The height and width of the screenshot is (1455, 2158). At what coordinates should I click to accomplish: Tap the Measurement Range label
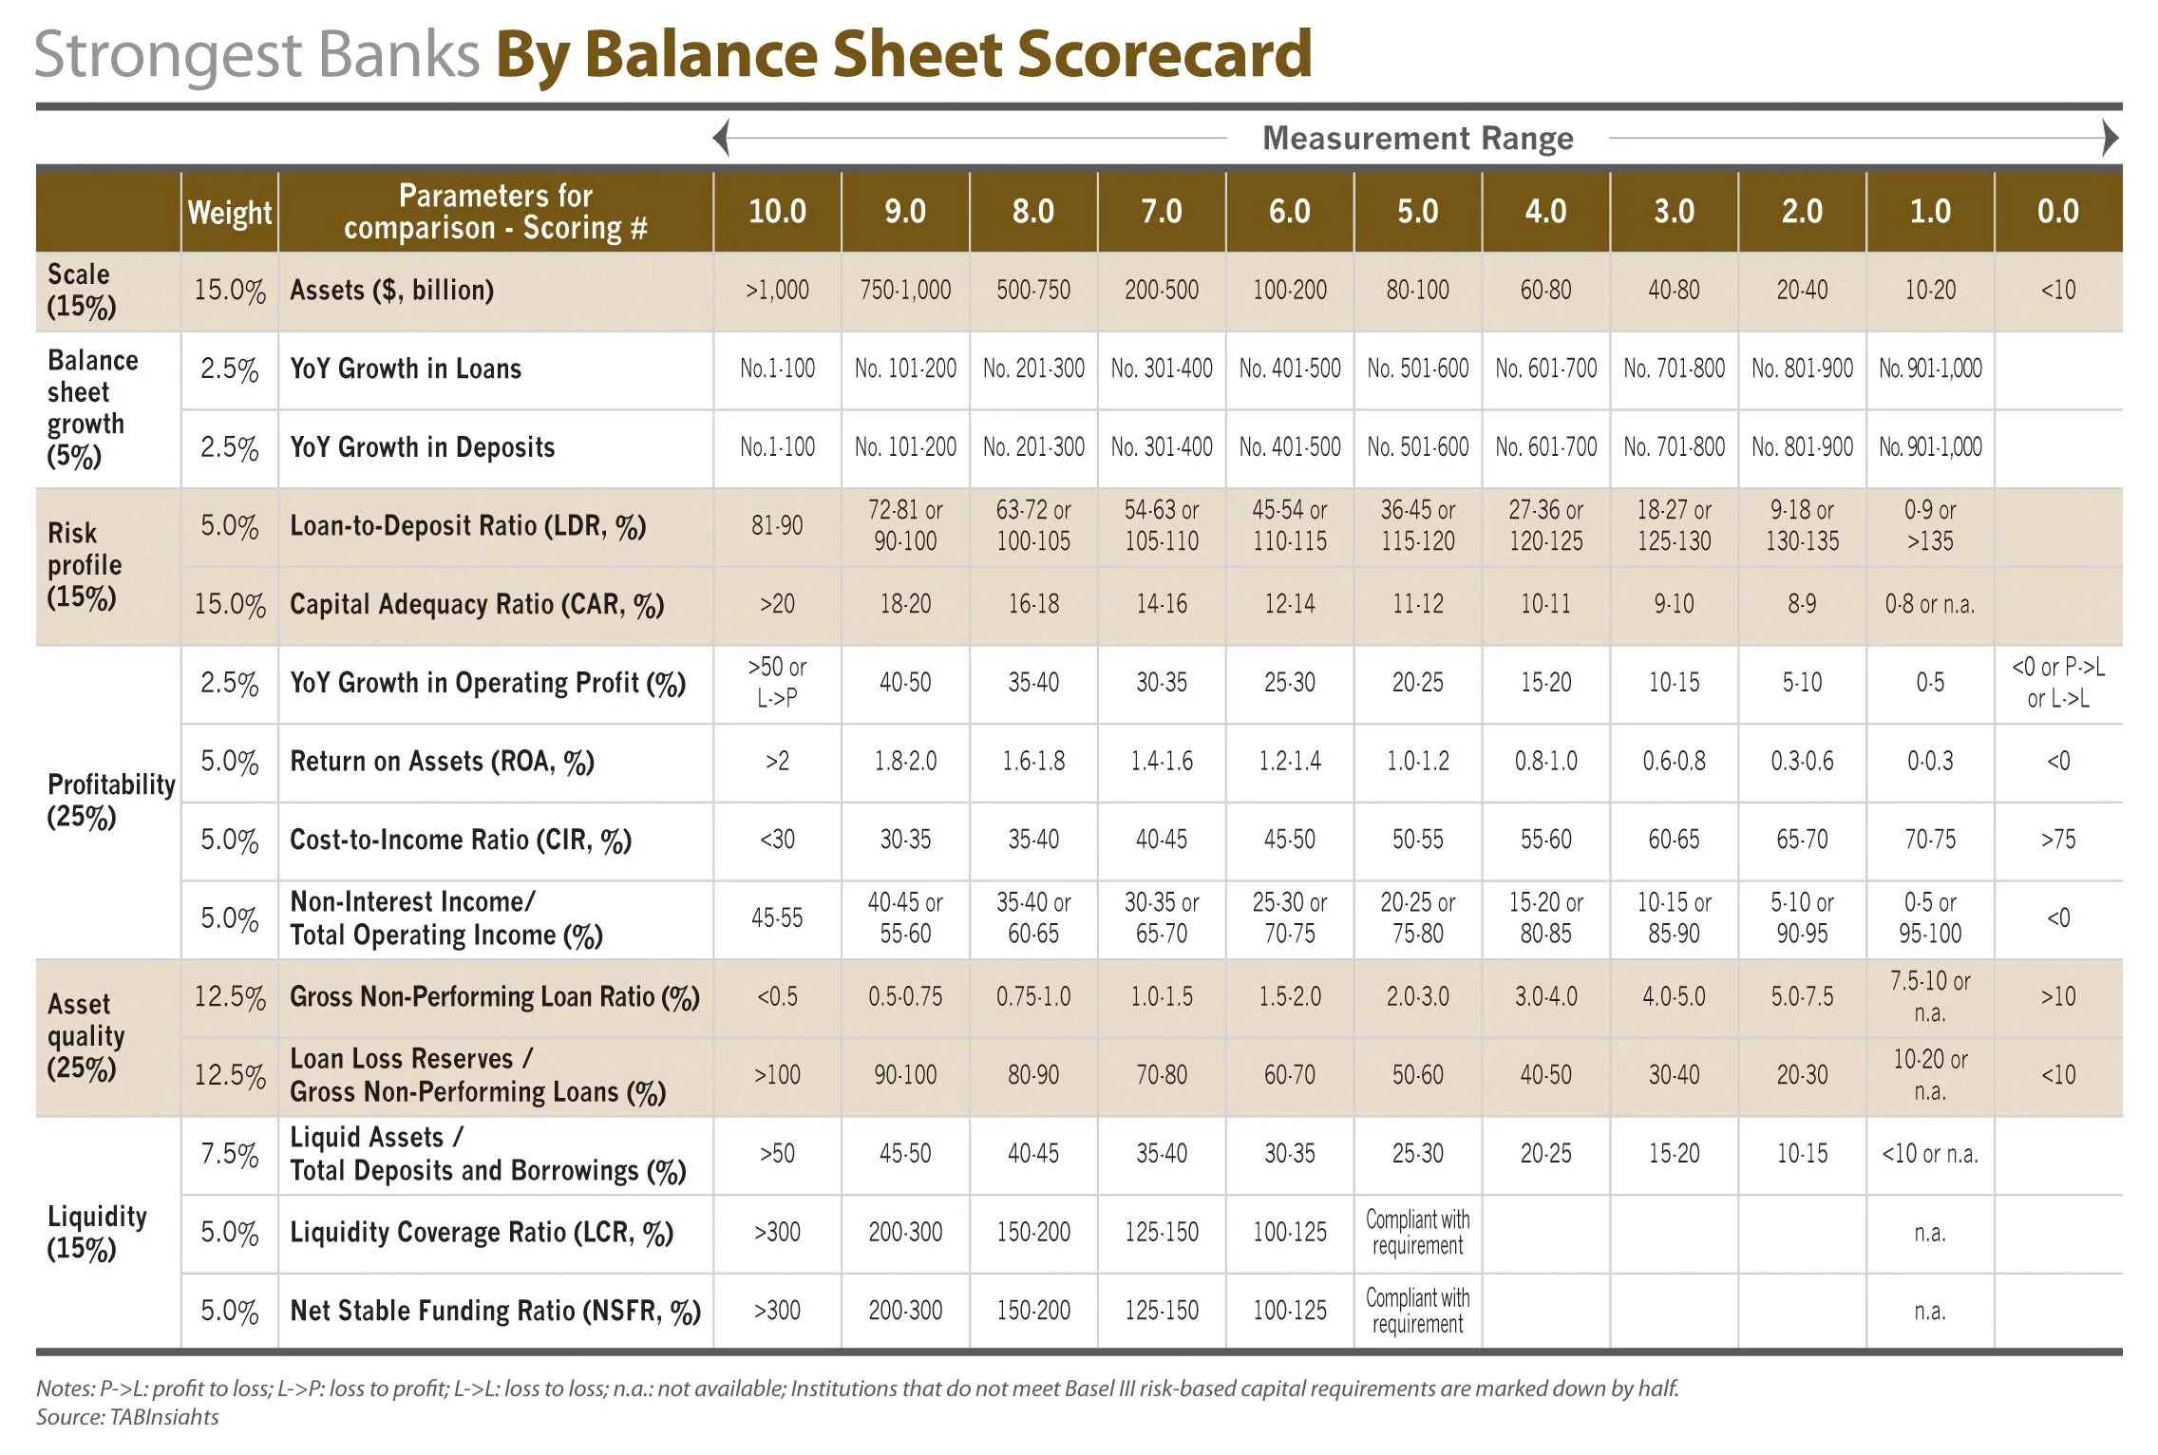tap(1417, 139)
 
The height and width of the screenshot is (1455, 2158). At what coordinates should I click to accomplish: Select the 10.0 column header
tap(777, 211)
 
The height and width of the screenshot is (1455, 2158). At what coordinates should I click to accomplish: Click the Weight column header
tap(230, 212)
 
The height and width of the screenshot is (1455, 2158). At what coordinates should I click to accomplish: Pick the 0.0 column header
tap(2057, 211)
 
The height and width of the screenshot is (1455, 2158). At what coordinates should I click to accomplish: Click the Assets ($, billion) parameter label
tap(391, 290)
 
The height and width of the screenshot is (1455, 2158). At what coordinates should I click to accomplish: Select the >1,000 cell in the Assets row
tap(777, 290)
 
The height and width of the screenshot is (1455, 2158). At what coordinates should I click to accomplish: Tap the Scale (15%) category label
tap(82, 290)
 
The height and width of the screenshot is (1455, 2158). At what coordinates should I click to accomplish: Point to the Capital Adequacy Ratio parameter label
tap(476, 604)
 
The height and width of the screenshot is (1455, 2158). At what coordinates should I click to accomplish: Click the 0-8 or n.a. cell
tap(1929, 604)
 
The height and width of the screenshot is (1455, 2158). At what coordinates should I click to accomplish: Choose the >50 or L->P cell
tap(777, 682)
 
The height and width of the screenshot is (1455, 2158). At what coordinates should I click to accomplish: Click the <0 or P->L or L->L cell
tap(2057, 682)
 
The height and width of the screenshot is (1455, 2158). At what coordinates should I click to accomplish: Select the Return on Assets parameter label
tap(442, 761)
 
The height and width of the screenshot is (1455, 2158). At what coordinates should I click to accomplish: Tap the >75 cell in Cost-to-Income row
tap(2057, 840)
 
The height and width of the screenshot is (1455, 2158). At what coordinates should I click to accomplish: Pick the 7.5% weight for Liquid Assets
tap(230, 1154)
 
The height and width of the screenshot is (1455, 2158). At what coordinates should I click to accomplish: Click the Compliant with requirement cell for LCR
tap(1417, 1232)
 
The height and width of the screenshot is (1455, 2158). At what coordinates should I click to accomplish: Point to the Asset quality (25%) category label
tap(85, 1036)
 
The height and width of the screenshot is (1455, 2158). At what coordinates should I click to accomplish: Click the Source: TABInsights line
tap(127, 1417)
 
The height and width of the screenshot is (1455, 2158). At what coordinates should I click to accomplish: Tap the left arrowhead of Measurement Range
tap(722, 139)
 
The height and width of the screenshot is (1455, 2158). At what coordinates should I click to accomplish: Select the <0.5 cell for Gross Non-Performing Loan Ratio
tap(777, 996)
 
